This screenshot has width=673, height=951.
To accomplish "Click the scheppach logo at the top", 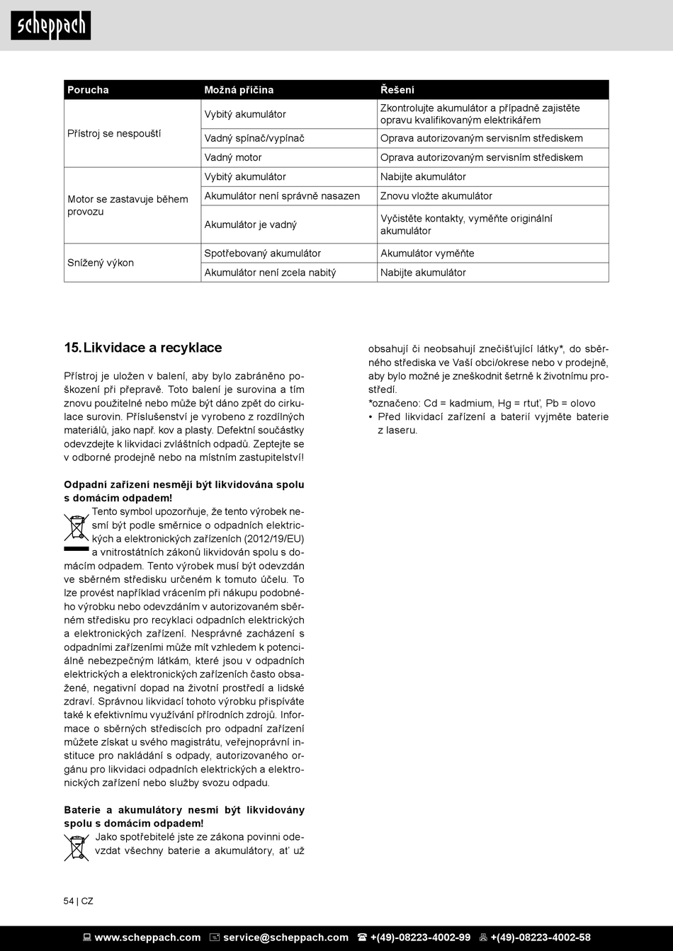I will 50,25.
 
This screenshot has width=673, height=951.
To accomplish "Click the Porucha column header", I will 88,90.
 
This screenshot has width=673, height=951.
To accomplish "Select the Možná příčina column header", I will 239,90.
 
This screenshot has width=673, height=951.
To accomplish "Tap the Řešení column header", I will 397,90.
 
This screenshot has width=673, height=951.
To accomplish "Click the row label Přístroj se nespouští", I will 114,133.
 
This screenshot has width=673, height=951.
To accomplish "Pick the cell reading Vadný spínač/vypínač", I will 254,138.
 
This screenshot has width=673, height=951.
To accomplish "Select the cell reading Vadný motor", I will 233,157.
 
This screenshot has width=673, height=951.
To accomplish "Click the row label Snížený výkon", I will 101,263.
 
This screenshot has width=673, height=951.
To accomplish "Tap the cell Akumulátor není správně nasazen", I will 282,195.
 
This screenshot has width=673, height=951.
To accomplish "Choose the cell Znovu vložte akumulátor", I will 436,195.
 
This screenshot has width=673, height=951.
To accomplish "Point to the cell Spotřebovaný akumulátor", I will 263,253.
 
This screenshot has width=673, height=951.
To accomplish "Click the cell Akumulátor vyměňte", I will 427,253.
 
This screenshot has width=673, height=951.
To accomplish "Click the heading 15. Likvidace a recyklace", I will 143,348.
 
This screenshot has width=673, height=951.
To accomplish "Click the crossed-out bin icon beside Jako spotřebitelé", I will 77,848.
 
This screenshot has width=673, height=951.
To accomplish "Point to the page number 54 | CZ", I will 78,901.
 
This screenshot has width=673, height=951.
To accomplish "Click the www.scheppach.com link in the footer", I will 147,938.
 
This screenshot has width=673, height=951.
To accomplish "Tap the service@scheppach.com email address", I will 285,938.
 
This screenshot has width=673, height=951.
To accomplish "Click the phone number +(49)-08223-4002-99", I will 420,938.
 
